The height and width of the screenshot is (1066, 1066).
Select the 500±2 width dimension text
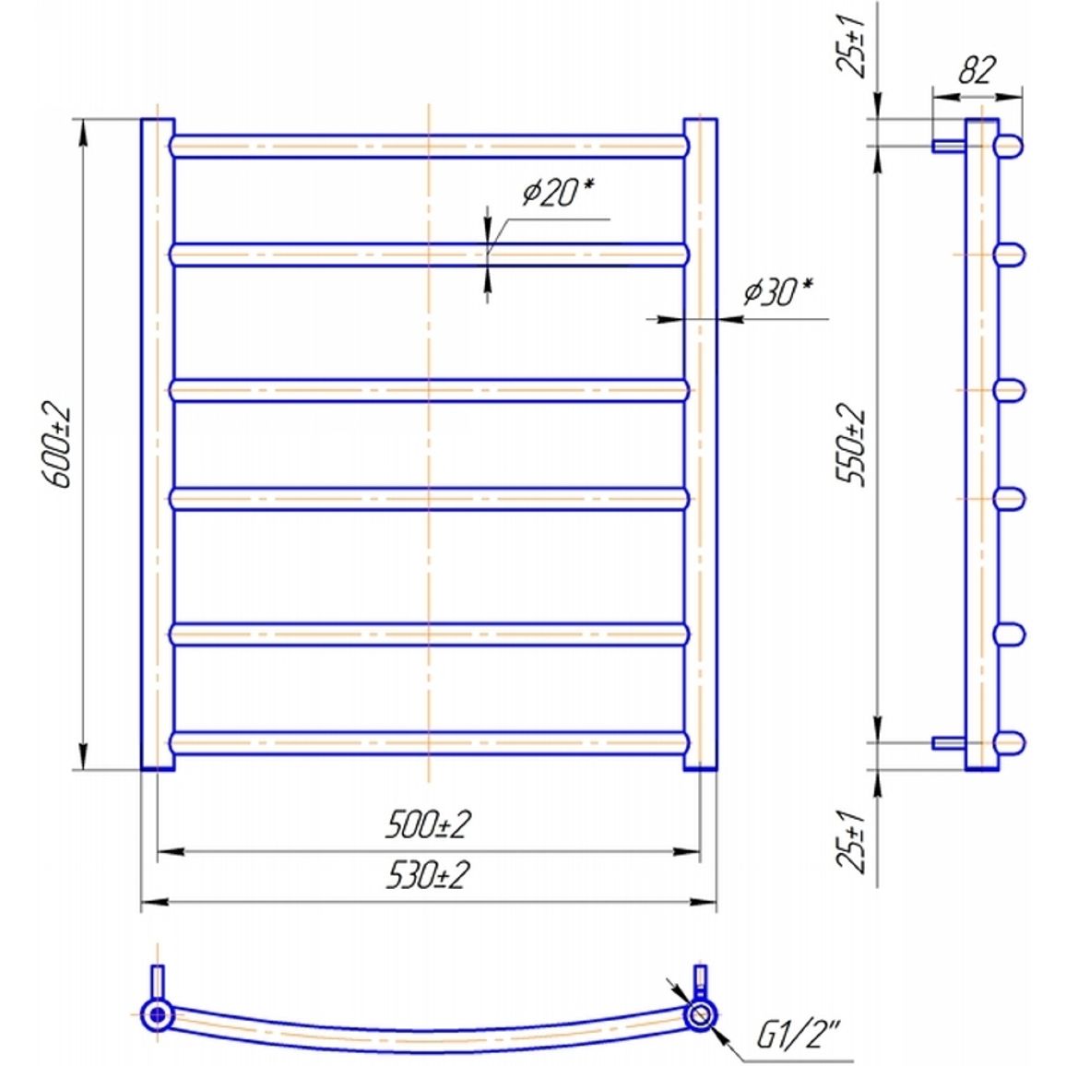tap(428, 825)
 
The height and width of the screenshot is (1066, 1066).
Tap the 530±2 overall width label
tap(428, 876)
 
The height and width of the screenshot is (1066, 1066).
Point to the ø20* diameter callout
tap(558, 192)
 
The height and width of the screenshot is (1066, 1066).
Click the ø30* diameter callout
tap(777, 292)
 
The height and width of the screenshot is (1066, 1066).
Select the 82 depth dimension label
tap(977, 69)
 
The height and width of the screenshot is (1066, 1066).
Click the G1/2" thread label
tap(799, 1036)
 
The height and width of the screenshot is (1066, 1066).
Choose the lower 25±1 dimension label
tap(850, 842)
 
